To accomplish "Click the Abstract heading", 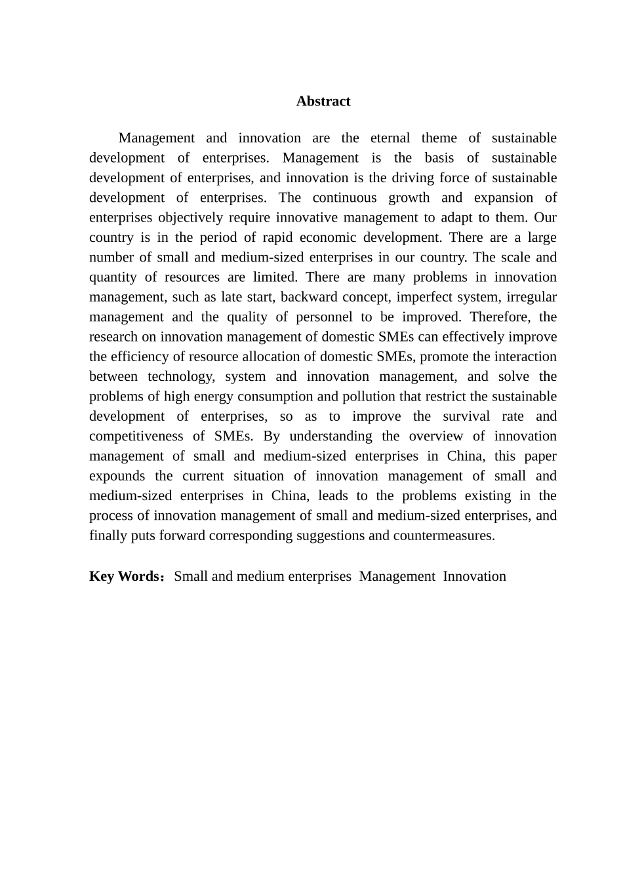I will pyautogui.click(x=323, y=101).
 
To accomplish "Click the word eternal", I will pyautogui.click(x=390, y=138).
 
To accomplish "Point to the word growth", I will pyautogui.click(x=409, y=197).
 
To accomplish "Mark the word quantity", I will pyautogui.click(x=113, y=277).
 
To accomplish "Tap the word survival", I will pyautogui.click(x=466, y=416).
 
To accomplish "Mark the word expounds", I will pyautogui.click(x=117, y=476).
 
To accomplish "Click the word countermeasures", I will pyautogui.click(x=443, y=536).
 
